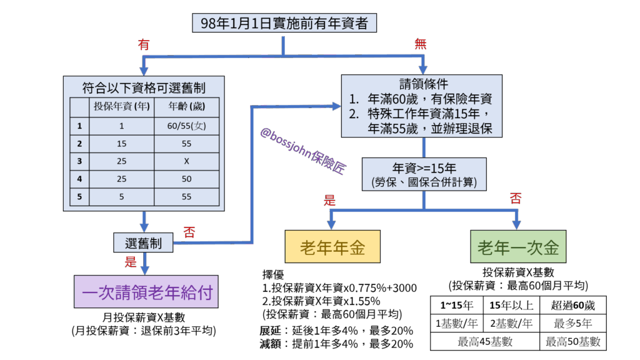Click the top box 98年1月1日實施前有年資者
284,24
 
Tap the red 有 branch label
144,45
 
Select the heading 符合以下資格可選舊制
144,87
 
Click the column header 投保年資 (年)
121,106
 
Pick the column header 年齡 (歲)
187,106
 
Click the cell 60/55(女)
187,126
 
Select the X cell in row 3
187,161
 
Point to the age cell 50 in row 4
187,179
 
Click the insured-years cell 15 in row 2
121,144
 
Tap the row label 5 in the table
79,197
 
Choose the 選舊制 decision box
143,243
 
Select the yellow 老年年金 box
332,247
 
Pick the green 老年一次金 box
518,247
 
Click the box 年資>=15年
424,174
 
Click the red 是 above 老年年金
329,201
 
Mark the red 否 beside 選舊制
189,232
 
